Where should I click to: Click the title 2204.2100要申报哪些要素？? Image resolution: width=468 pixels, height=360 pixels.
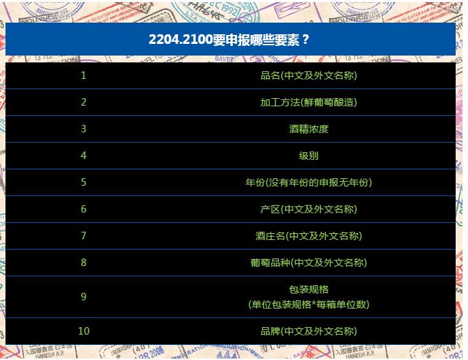tap(230, 39)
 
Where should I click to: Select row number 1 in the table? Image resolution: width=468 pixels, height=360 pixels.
tap(84, 75)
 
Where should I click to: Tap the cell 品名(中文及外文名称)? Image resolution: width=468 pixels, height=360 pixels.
tap(308, 75)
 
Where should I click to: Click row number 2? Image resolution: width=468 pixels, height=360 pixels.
tap(84, 102)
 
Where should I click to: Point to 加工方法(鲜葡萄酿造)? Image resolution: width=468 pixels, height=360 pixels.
tap(308, 102)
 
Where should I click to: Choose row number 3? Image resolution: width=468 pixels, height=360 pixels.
tap(84, 129)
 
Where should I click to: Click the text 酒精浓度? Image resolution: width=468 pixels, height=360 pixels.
tap(308, 129)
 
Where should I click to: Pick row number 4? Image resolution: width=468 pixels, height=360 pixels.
tap(84, 156)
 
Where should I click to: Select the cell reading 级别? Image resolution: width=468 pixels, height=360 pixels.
tap(308, 156)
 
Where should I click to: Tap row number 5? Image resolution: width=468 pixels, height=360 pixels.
tap(84, 182)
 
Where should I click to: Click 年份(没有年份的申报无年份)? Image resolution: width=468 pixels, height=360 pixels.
tap(308, 182)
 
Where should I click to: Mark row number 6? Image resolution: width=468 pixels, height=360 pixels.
tap(84, 209)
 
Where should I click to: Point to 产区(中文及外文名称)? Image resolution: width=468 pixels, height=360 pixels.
tap(308, 209)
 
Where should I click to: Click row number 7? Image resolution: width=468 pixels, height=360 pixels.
tap(84, 236)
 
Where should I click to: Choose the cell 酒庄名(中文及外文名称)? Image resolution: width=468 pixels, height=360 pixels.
tap(308, 236)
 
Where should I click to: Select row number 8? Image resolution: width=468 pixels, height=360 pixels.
tap(84, 263)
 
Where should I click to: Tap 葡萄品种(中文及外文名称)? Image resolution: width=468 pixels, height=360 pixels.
tap(308, 263)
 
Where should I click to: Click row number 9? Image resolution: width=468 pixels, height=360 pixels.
tap(84, 297)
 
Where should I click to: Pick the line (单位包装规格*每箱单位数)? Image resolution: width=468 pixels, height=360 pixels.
tap(308, 304)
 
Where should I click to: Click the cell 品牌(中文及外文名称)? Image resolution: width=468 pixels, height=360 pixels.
tap(308, 331)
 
